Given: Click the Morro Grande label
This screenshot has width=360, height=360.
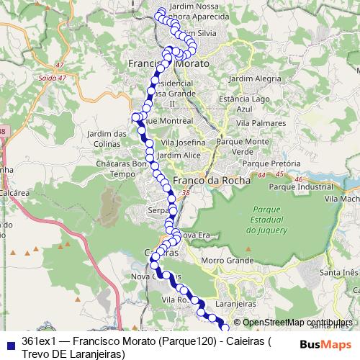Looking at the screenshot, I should tap(224, 260).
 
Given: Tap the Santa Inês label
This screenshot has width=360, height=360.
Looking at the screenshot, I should tap(338, 272).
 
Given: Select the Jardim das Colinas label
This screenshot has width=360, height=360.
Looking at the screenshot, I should tap(106, 138).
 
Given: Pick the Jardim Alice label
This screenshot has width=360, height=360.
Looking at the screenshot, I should tap(179, 155).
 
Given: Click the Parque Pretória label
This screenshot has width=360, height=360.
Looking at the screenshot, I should tap(272, 163).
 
